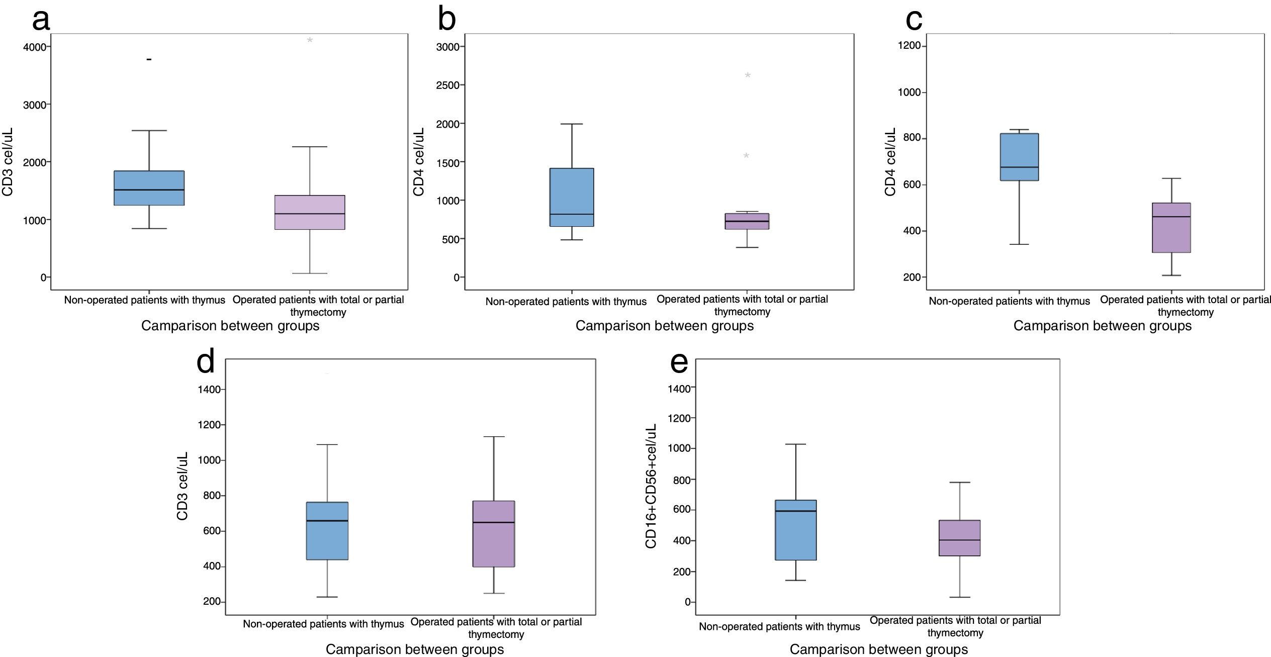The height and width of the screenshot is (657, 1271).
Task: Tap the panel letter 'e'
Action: [x=679, y=362]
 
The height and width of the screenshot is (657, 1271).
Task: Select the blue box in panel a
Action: [x=149, y=188]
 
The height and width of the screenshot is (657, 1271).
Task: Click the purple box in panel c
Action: [x=1171, y=228]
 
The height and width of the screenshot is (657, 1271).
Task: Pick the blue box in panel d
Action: [x=327, y=531]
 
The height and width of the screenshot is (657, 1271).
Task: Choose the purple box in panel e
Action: [x=960, y=538]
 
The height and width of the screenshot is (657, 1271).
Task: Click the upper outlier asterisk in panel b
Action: [x=748, y=76]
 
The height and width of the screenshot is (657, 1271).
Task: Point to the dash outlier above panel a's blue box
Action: [x=149, y=59]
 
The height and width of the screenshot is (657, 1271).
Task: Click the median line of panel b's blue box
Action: [x=572, y=214]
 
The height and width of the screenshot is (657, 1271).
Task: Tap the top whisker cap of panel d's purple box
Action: [x=494, y=437]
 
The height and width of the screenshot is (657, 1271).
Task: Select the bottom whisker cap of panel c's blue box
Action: [x=1019, y=244]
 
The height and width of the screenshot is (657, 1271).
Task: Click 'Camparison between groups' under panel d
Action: [x=415, y=649]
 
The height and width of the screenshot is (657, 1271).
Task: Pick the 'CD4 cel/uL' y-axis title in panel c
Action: [x=890, y=162]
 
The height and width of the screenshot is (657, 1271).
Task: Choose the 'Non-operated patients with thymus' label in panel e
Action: [x=779, y=627]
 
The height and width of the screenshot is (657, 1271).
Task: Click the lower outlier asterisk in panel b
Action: [x=746, y=156]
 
